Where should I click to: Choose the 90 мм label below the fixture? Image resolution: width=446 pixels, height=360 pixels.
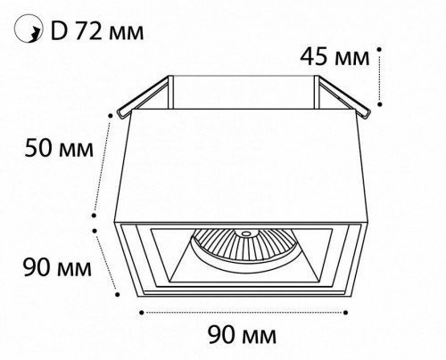pos(242,335)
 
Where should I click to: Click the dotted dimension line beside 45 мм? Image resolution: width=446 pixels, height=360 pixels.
pos(381,76)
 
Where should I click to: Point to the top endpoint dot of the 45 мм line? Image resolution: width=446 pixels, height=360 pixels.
pos(381,45)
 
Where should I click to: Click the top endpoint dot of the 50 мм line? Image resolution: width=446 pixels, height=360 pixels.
pos(113,114)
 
